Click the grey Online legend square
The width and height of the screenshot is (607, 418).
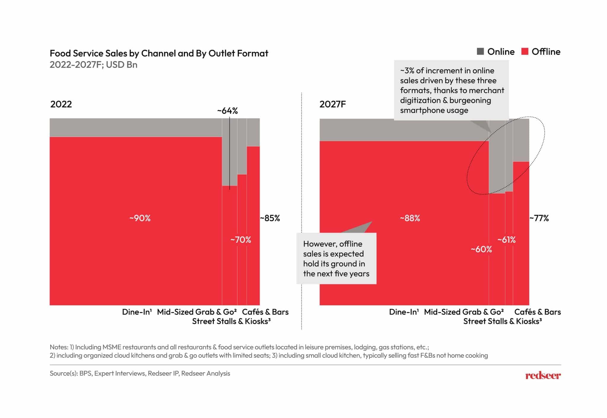[x=480, y=51]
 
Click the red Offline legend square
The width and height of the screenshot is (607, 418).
[x=525, y=51]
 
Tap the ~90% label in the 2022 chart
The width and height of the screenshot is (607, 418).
[x=140, y=218]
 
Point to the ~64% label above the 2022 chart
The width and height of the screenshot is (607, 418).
[x=227, y=111]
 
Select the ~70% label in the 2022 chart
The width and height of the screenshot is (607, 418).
[x=241, y=240]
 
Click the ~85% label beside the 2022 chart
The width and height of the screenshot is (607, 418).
[x=270, y=218]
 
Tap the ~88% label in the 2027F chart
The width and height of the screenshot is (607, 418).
[x=410, y=218]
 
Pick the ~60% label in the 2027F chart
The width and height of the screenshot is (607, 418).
[x=481, y=249]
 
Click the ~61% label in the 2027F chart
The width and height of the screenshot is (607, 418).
[x=507, y=240]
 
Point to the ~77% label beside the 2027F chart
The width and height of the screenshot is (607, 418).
[x=539, y=218]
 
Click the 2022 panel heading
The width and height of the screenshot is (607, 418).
[x=61, y=104]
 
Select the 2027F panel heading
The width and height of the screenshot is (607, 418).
[x=332, y=104]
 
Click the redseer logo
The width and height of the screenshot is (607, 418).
[x=543, y=376]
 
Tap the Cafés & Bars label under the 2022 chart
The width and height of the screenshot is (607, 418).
[x=265, y=312]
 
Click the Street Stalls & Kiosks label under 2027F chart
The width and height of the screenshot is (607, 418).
[x=502, y=321]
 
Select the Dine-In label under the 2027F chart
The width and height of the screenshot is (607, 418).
[x=404, y=312]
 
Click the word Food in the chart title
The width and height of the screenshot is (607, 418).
[x=60, y=53]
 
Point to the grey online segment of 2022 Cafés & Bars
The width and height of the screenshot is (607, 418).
[x=253, y=132]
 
